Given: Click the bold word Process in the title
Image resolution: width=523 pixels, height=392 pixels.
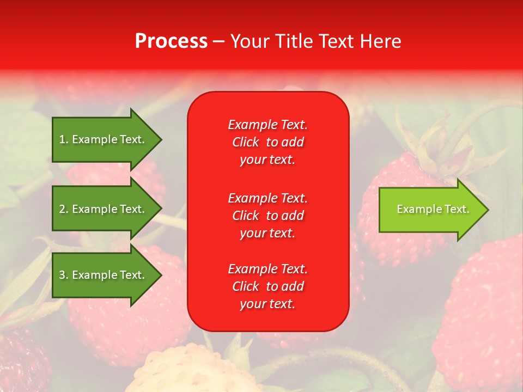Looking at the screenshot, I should coord(171,41).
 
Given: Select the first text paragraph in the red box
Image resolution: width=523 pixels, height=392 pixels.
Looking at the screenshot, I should coord(267,142).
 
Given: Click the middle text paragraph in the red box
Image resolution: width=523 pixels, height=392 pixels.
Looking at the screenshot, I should coord(267,216).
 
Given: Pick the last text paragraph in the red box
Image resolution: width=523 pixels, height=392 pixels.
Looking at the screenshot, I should coord(267,286).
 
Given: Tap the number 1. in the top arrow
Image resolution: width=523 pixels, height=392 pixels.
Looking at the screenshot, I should coord(63,139).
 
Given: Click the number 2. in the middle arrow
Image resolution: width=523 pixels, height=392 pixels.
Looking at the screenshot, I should coord(63,209).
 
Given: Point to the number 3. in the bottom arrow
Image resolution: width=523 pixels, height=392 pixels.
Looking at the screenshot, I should coord(63,275).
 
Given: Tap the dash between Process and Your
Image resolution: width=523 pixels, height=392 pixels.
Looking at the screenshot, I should coord(218,42).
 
